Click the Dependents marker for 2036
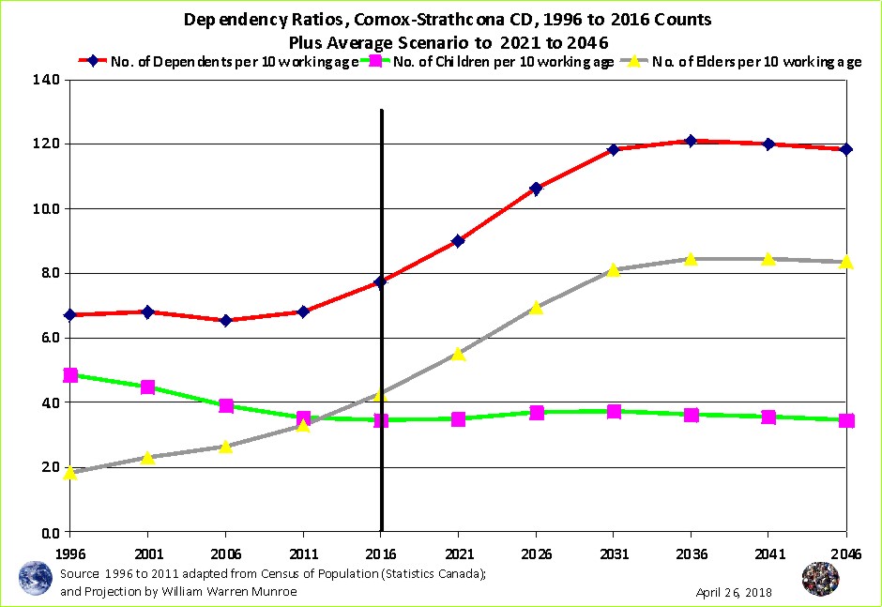691,141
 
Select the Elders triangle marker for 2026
536,307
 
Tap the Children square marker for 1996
70,375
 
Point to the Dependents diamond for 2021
458,241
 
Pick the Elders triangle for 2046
845,262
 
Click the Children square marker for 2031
614,411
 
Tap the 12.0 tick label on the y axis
47,144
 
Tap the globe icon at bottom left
35,577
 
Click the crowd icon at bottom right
820,579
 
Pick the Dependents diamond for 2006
225,320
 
